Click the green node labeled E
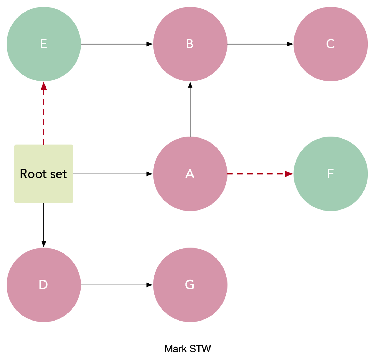point(44,44)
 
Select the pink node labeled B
point(190,44)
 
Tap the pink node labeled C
point(331,44)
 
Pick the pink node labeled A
point(190,174)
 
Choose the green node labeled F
point(331,174)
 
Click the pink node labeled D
point(44,285)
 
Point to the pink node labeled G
point(190,285)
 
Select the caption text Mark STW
point(187,349)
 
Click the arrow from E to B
point(116,44)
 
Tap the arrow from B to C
point(260,44)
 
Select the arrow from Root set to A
point(112,174)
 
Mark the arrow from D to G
point(116,285)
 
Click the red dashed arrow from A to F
point(259,174)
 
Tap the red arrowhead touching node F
point(289,174)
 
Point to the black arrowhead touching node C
point(290,44)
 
